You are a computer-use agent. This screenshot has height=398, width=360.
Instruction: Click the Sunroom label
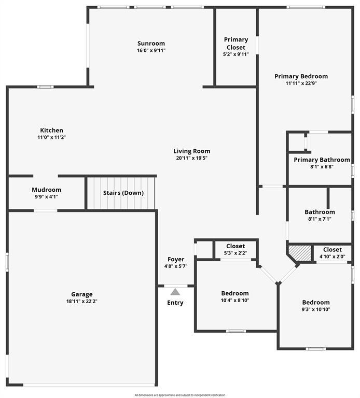151,44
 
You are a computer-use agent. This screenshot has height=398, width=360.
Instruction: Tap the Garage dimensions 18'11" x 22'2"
82,301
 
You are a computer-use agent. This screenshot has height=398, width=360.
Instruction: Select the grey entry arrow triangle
175,292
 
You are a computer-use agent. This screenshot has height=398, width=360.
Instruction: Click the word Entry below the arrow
175,303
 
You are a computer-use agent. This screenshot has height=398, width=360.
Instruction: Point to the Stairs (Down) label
123,193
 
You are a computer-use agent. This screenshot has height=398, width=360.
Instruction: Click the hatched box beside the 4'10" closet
300,253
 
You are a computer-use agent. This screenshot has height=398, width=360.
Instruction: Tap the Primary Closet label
236,44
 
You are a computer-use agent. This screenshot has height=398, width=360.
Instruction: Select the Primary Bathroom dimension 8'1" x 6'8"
322,167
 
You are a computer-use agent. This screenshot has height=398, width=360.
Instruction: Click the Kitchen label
51,130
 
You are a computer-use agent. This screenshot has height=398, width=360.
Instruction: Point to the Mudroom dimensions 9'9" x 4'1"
47,197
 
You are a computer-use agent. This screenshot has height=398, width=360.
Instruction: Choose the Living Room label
192,151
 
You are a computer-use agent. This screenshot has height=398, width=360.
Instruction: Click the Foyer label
176,260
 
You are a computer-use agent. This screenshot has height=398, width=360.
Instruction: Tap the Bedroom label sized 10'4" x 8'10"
235,293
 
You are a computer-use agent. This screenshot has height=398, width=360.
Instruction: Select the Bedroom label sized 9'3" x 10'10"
316,303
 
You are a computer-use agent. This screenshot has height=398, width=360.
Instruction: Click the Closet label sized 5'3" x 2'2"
236,246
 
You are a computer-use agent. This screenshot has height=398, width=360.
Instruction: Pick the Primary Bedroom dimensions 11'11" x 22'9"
301,83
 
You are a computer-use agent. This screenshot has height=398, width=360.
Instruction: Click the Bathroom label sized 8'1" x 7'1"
320,212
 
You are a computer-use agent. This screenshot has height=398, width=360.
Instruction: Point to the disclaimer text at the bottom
180,395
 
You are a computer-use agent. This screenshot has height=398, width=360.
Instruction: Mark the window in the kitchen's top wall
46,87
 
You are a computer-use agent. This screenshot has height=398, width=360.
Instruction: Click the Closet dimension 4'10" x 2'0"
333,257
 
